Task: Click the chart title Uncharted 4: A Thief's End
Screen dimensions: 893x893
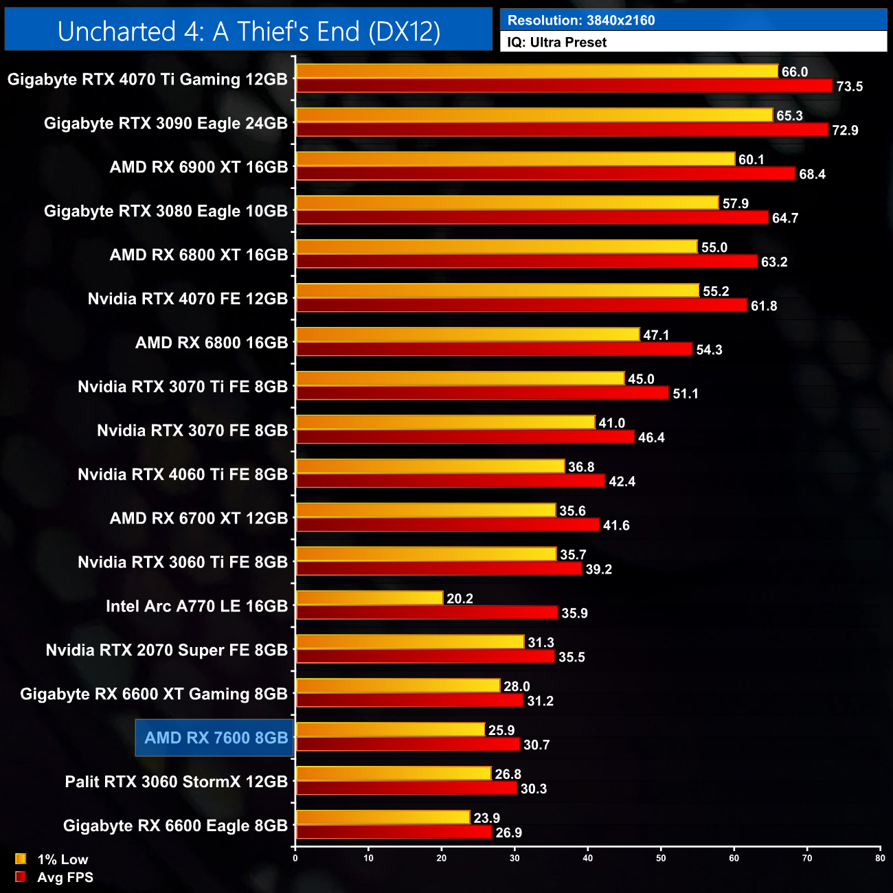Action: click(x=249, y=31)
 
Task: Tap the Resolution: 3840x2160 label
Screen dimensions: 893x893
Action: click(x=580, y=21)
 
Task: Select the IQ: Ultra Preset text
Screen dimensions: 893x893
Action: click(x=556, y=43)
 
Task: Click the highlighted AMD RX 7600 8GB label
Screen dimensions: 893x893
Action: click(x=215, y=738)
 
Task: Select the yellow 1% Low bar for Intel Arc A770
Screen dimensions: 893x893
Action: click(x=369, y=598)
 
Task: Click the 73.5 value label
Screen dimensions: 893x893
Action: click(x=849, y=87)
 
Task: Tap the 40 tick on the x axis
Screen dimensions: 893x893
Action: click(x=587, y=858)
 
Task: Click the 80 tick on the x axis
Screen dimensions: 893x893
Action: click(x=880, y=858)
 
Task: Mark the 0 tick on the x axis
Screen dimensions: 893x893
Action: click(x=295, y=858)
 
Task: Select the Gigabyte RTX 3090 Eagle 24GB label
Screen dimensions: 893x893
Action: click(x=166, y=124)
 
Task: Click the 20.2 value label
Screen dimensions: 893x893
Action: click(x=460, y=598)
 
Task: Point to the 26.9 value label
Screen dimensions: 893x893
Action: click(x=508, y=833)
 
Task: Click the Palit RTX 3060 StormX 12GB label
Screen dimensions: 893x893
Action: click(x=176, y=782)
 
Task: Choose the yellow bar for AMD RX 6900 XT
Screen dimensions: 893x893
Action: click(x=515, y=159)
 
